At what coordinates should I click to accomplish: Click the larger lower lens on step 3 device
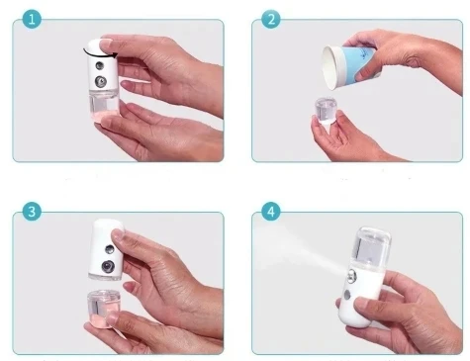pos(105,268)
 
